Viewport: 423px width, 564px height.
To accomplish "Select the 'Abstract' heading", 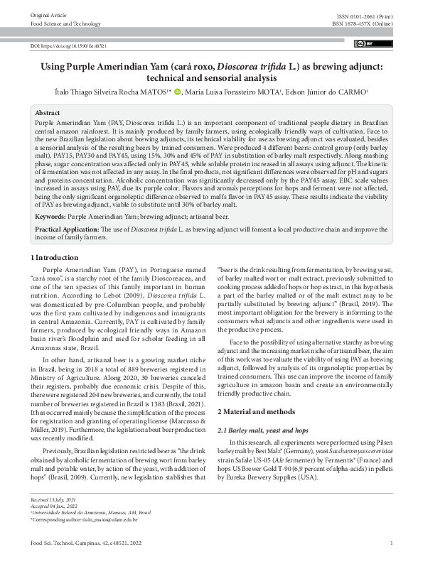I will pyautogui.click(x=48, y=113).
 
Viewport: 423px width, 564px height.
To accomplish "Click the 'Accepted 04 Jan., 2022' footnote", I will pyautogui.click(x=54, y=506).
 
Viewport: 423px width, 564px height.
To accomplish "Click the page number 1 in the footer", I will pyautogui.click(x=392, y=543).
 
